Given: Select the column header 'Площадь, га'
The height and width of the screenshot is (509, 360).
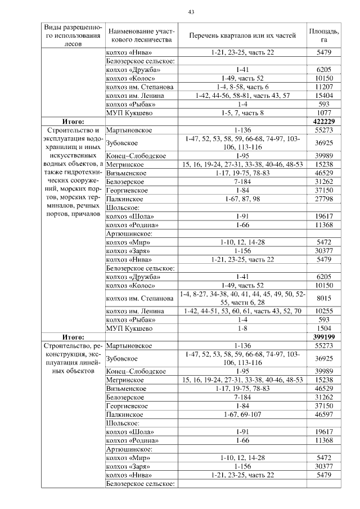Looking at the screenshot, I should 324,35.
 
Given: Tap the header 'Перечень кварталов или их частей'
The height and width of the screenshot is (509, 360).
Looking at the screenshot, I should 242,35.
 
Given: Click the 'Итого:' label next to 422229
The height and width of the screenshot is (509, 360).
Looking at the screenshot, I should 73,121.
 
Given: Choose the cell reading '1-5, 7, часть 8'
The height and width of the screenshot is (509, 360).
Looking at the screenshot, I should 242,113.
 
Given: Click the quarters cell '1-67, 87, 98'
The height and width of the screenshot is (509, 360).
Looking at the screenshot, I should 242,199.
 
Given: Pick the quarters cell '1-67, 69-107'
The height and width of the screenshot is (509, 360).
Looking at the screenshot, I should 242,415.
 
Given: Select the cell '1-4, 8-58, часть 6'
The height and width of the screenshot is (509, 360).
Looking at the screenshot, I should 242,87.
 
